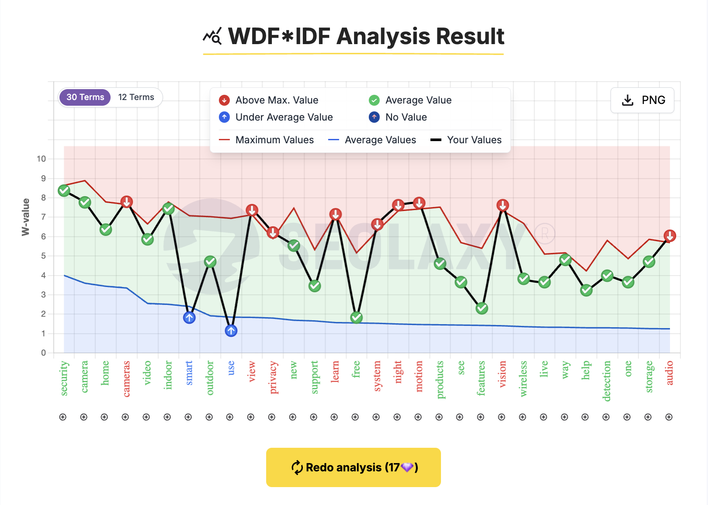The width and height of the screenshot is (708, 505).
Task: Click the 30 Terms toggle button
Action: pos(85,97)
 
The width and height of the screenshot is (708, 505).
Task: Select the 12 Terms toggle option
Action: pos(136,97)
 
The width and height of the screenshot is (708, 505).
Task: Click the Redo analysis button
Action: pos(353,467)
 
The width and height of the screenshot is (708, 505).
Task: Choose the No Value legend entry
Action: pos(398,117)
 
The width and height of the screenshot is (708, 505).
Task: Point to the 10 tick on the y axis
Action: pos(42,159)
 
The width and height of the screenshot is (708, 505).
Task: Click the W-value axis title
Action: pos(26,217)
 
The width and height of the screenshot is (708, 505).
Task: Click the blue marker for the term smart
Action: pos(189,318)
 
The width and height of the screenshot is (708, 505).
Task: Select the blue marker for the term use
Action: pos(231,331)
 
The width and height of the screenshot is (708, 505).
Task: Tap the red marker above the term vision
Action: pos(503,205)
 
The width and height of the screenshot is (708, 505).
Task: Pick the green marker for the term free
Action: pos(357,318)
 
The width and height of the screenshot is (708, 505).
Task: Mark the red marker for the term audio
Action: pos(670,236)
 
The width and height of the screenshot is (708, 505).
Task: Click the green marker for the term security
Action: pos(64,190)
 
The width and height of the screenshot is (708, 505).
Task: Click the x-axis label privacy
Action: pos(273,377)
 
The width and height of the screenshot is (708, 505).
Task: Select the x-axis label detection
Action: pos(607,380)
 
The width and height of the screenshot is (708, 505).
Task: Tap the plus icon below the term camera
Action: pos(84,417)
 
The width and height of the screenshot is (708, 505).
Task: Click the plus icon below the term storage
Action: pos(648,417)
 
